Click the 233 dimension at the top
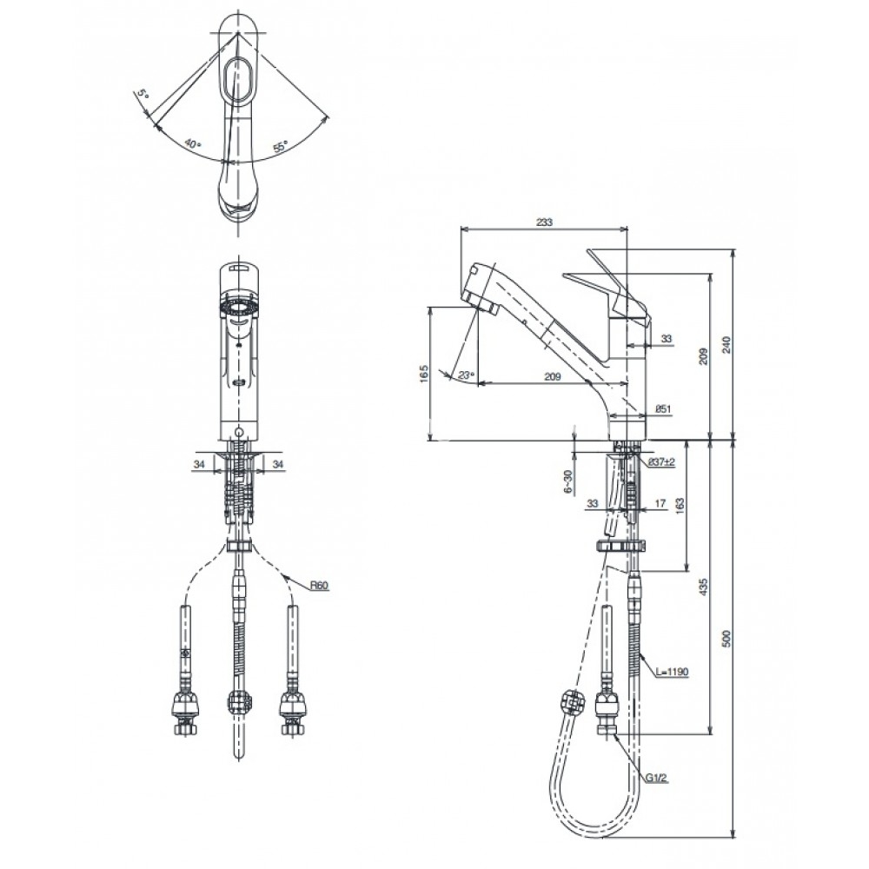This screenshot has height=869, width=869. (544, 222)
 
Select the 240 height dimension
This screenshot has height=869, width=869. (727, 344)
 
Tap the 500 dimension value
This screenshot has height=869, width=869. (727, 638)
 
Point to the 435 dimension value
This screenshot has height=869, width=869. (704, 587)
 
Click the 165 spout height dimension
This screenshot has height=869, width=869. (425, 374)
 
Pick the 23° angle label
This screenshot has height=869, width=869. (467, 375)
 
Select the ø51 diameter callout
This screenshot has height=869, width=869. (663, 409)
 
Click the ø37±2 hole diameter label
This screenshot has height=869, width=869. (661, 461)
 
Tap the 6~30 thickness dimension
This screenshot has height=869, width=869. (567, 481)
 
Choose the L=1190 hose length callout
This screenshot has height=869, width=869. (672, 673)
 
